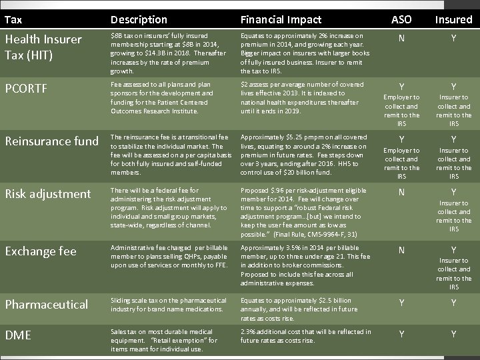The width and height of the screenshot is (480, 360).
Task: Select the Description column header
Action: [x=139, y=19]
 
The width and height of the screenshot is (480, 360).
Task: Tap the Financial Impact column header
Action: [x=281, y=19]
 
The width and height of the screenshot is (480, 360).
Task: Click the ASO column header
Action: [x=401, y=19]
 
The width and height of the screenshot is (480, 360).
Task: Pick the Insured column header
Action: [x=453, y=19]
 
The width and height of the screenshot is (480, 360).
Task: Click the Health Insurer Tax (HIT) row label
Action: [x=43, y=47]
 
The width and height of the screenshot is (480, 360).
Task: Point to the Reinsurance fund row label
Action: [x=51, y=141]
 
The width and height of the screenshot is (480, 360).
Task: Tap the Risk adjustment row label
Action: [x=48, y=194]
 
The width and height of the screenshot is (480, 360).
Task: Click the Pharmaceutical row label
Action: [x=46, y=304]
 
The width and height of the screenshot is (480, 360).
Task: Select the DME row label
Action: [x=18, y=335]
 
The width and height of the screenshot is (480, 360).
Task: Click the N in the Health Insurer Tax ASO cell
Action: [x=401, y=39]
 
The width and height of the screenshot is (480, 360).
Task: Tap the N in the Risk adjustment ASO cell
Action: [x=401, y=192]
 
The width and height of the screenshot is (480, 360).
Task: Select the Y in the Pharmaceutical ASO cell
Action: [x=401, y=304]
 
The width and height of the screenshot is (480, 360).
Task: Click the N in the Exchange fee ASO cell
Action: [x=401, y=250]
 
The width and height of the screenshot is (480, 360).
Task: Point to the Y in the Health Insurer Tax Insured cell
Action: [x=453, y=39]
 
